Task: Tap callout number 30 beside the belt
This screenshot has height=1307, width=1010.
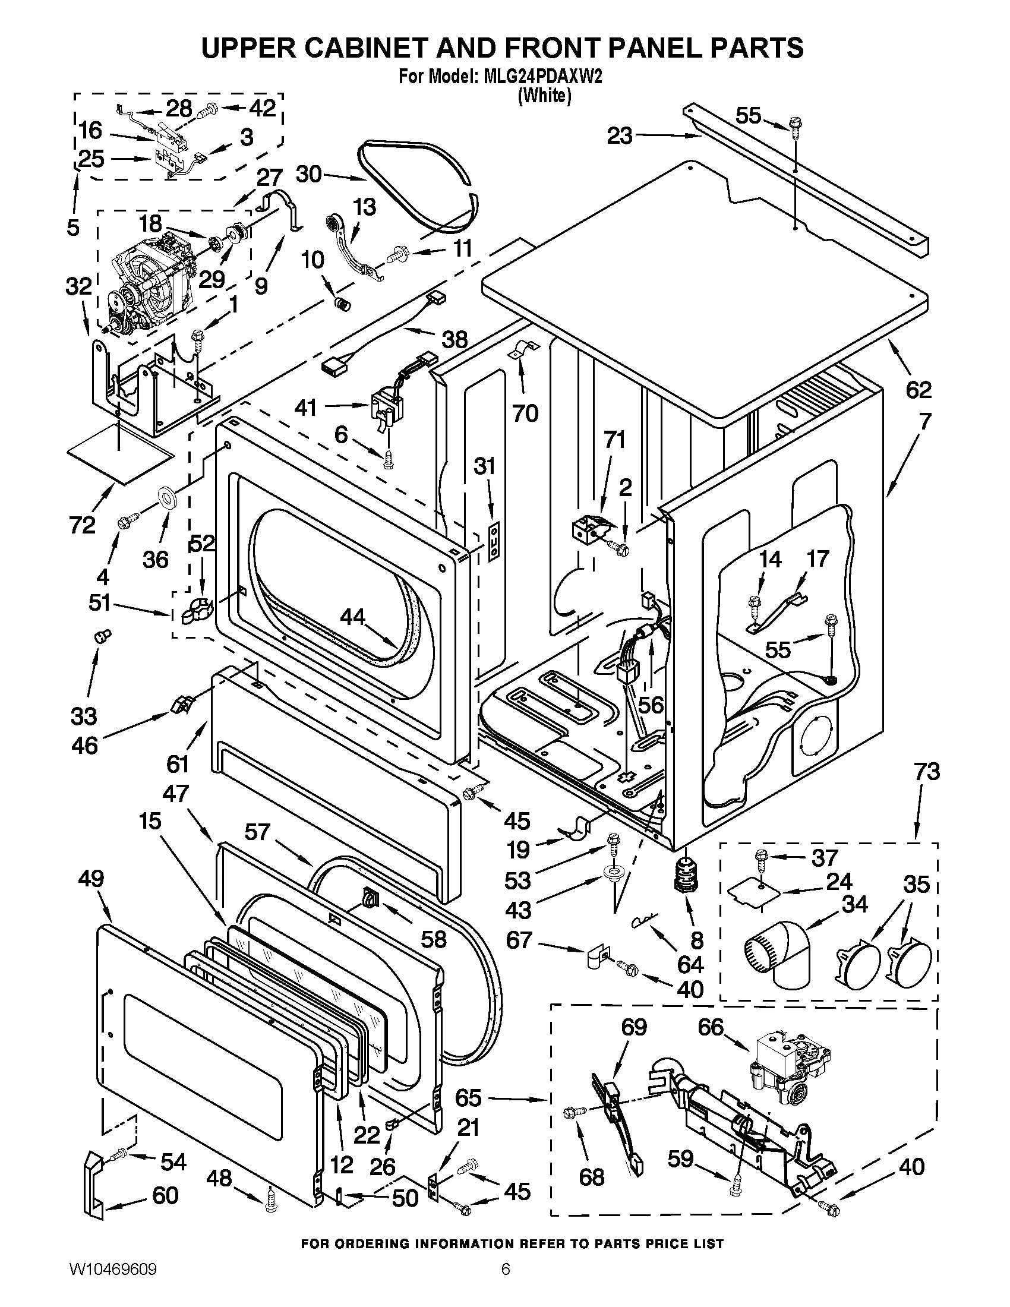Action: point(309,174)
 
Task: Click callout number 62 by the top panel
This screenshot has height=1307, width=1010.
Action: point(919,390)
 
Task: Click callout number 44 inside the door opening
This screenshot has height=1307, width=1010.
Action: point(352,616)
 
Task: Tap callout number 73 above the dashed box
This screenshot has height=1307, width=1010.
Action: point(927,772)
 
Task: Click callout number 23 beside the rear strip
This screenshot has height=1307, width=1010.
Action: point(620,136)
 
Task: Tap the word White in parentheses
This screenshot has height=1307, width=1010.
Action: point(543,95)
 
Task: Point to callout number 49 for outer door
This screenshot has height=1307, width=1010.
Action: point(90,879)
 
